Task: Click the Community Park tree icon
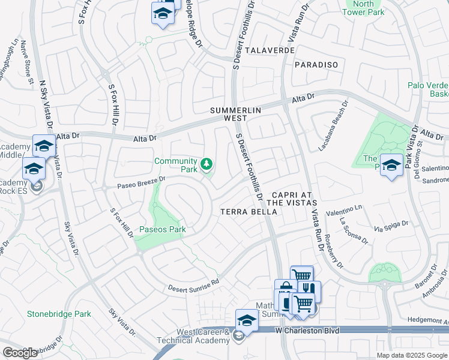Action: (x=206, y=163)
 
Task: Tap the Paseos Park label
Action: (x=163, y=229)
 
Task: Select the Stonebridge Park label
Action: (x=59, y=314)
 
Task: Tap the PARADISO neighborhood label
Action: (x=316, y=64)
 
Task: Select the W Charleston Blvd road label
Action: (x=307, y=331)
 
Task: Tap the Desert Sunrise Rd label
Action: (x=194, y=284)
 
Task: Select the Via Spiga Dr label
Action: (x=390, y=227)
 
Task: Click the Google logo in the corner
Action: (x=20, y=353)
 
